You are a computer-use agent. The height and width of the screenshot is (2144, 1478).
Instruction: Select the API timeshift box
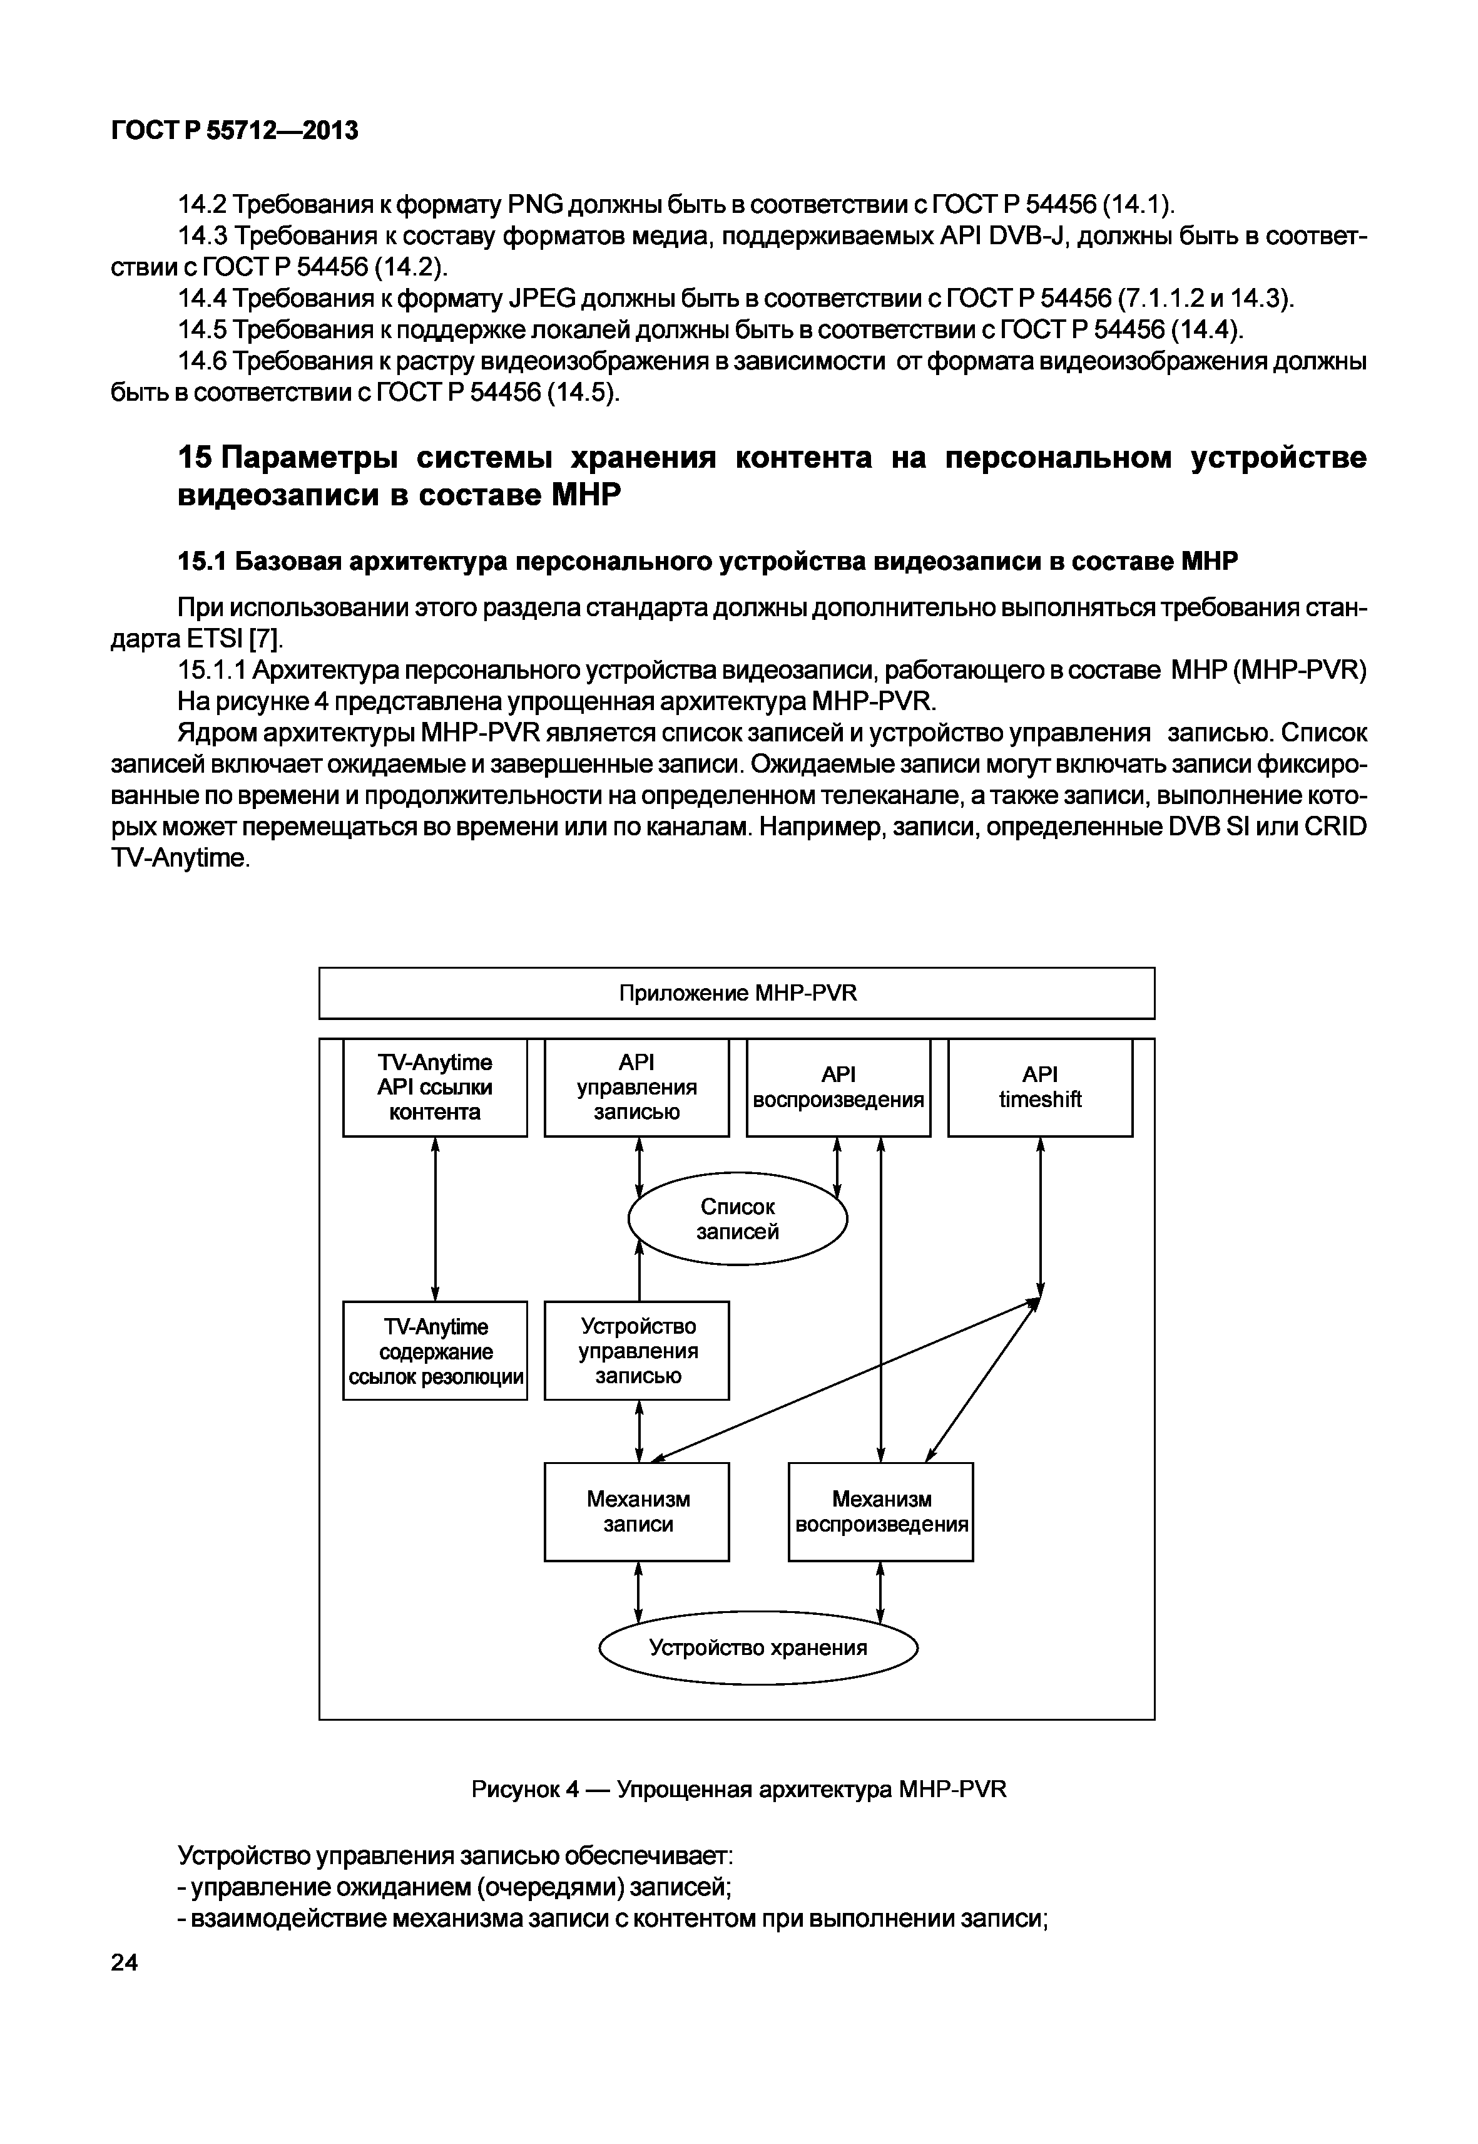point(1040,1087)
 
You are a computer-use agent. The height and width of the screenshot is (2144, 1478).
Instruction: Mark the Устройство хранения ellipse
point(758,1647)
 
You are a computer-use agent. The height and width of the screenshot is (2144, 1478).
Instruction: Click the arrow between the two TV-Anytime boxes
point(436,1219)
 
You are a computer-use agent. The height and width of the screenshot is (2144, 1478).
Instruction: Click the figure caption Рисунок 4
point(525,1788)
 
